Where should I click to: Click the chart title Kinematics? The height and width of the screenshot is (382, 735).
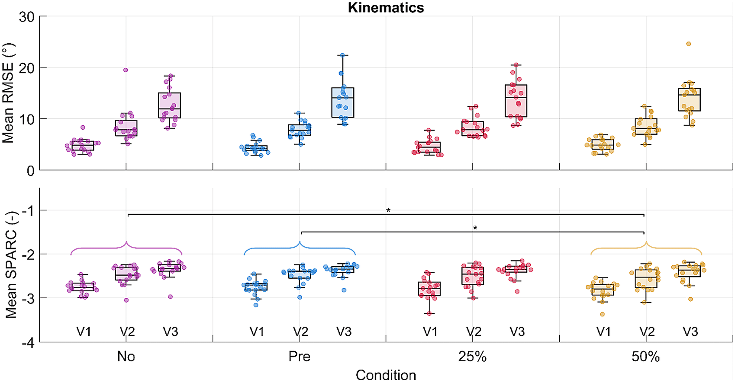point(386,7)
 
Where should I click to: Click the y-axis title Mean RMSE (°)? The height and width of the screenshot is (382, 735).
point(8,93)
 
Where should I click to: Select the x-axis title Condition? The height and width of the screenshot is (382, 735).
point(386,375)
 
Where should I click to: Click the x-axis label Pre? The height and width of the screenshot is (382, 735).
point(300,357)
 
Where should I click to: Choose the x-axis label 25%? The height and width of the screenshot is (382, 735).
point(472,357)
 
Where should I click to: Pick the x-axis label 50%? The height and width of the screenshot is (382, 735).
point(645,357)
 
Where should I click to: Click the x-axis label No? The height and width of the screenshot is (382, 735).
point(126,357)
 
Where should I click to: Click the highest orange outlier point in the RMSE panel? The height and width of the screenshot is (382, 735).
point(688,44)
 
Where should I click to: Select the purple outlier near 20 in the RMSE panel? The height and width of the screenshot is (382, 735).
point(126,70)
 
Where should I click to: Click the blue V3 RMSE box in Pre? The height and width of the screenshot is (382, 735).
point(343,102)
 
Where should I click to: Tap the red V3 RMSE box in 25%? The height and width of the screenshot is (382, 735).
point(516,101)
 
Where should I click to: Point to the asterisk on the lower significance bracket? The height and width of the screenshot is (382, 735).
point(475,228)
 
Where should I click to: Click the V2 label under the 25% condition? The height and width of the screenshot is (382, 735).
point(474,332)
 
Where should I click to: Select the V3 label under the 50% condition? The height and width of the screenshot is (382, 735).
point(690,332)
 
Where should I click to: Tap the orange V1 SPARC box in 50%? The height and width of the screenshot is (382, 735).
point(603,290)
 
